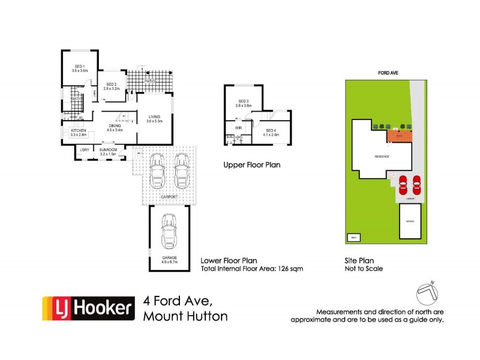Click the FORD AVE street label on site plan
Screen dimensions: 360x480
[x=385, y=72]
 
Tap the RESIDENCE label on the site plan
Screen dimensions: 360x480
[x=382, y=157]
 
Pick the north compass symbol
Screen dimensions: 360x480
[x=429, y=293]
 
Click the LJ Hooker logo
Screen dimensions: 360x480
[x=86, y=308]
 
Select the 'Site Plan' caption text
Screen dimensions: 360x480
[x=358, y=260]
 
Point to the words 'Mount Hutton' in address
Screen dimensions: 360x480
[x=185, y=316]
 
